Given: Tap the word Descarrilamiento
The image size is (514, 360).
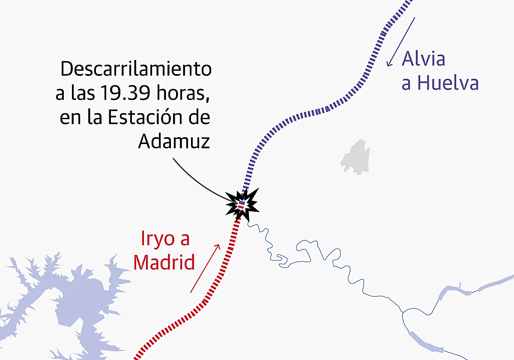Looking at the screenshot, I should point(136,69).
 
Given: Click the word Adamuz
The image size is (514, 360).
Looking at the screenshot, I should point(174,142).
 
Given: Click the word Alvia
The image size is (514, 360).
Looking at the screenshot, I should point(423,59).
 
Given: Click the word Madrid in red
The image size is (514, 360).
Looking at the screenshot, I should point(164,262).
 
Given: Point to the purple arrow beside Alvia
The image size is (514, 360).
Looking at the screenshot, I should point(400,42).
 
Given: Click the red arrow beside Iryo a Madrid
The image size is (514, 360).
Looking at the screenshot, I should point(205,269).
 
